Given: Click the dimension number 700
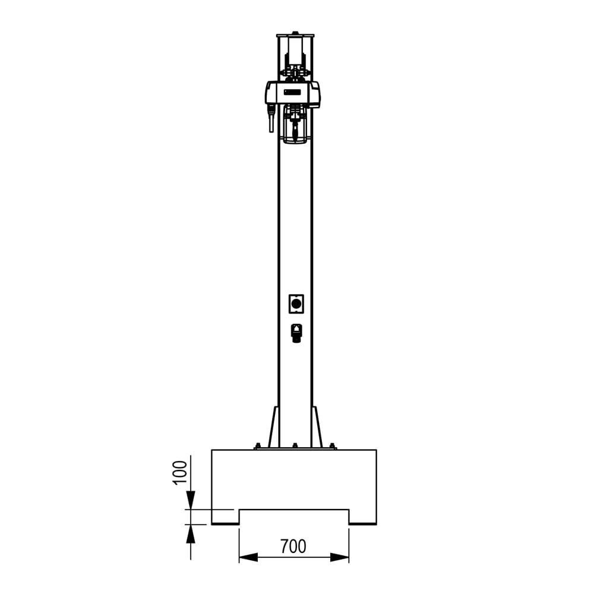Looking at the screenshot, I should (x=293, y=546).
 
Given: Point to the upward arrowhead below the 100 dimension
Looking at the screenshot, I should (x=190, y=534).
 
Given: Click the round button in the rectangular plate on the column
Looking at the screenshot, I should (x=296, y=304).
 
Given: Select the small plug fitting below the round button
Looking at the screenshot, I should (x=296, y=333).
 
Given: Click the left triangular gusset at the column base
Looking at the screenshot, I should (x=274, y=428).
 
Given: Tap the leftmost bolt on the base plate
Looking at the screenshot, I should (x=258, y=445).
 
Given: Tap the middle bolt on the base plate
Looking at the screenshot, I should (x=295, y=445).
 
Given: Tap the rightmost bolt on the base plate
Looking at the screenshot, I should (x=332, y=445).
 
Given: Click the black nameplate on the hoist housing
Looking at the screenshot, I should (x=293, y=92).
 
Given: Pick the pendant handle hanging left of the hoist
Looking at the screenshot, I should (x=271, y=119).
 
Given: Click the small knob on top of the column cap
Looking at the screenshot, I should (x=295, y=33).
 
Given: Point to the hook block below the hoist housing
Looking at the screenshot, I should (x=295, y=125).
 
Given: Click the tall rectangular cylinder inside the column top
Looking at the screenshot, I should (x=295, y=48).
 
